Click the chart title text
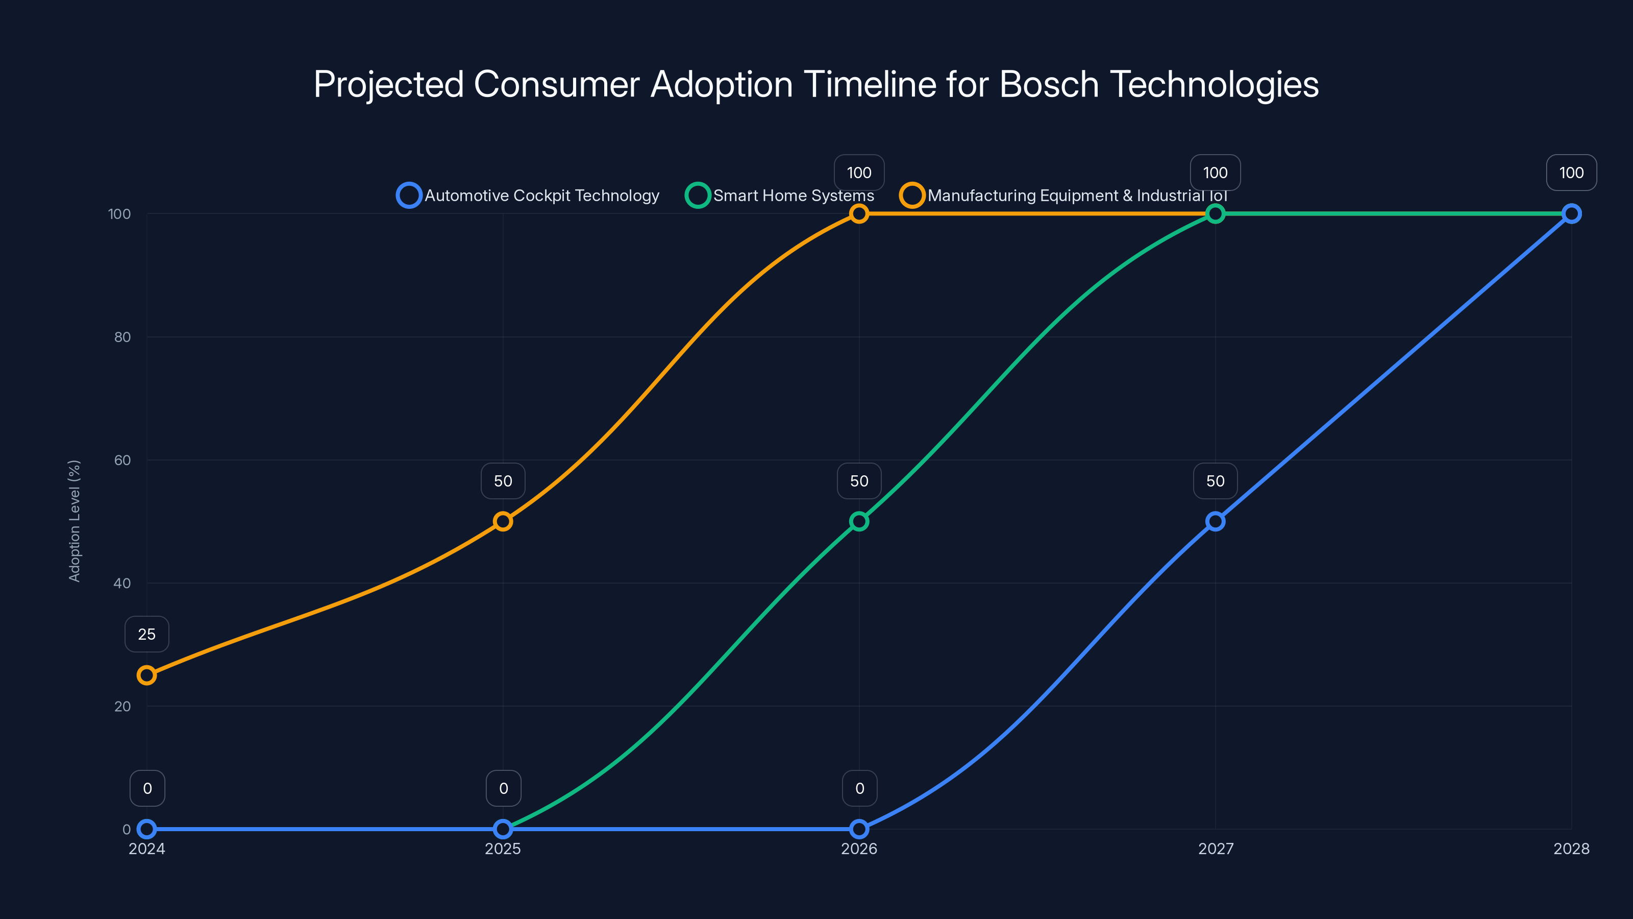(x=816, y=84)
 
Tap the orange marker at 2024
(x=146, y=675)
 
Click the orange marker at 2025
(x=503, y=521)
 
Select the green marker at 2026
(x=859, y=521)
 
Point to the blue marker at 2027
(x=1215, y=521)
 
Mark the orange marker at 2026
(x=859, y=214)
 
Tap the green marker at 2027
(x=1215, y=214)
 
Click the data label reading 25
(x=146, y=634)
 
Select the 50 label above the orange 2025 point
(x=503, y=481)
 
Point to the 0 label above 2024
(x=147, y=788)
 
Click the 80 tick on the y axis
(x=122, y=337)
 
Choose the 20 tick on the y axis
(x=122, y=706)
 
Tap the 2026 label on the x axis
(x=859, y=849)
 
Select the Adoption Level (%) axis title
(x=74, y=521)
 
